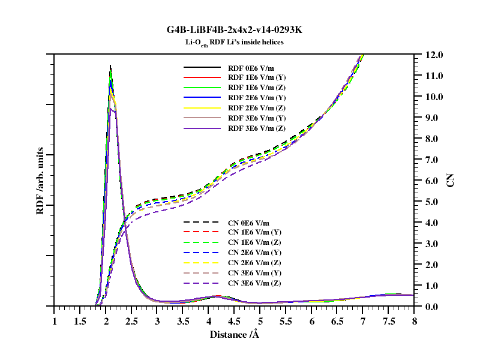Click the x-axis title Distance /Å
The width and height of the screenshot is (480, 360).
coord(235,334)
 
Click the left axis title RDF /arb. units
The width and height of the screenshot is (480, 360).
coord(40,181)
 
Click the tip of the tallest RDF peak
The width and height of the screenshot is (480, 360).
coord(110,65)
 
